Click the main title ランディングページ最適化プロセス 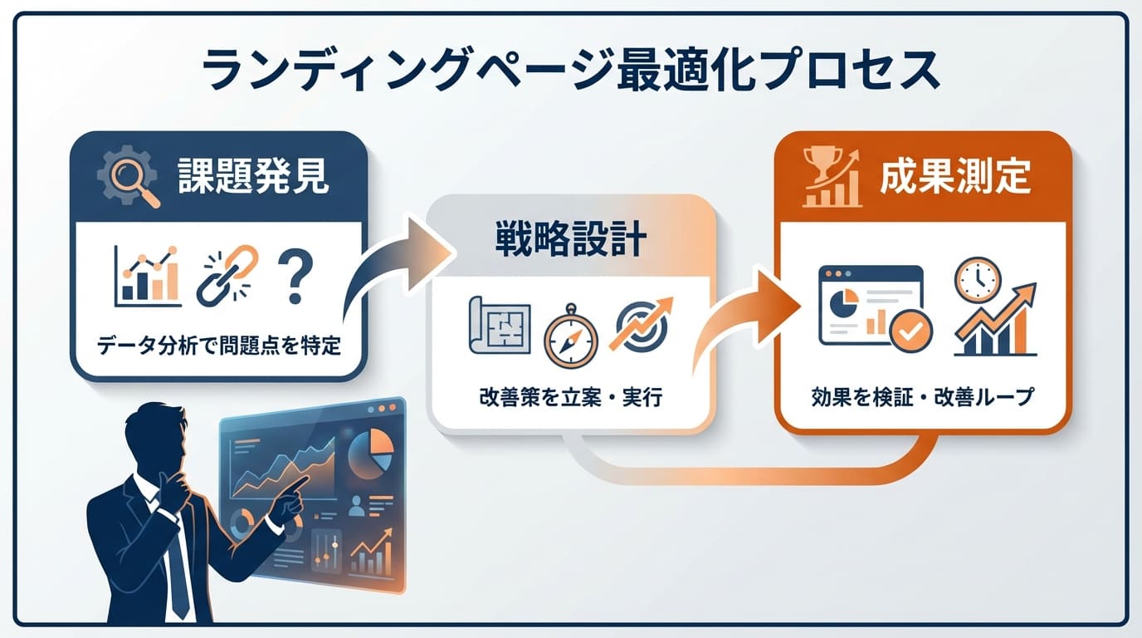(x=571, y=71)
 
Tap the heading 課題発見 (x=253, y=177)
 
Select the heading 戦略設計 (x=571, y=241)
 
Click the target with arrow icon (x=641, y=326)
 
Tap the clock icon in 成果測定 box (x=977, y=279)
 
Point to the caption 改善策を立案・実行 (x=570, y=397)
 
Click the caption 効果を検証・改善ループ (x=922, y=397)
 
